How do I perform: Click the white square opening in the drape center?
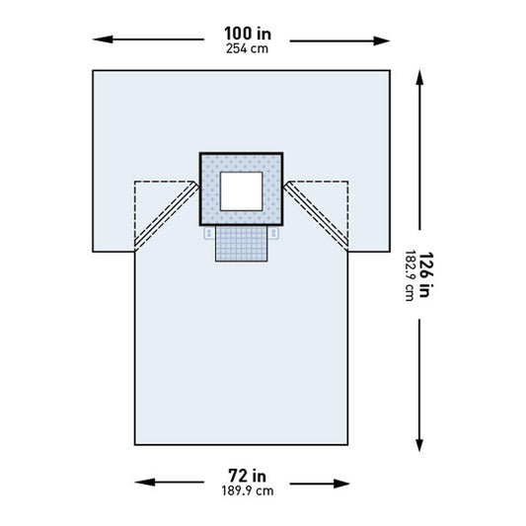(241, 188)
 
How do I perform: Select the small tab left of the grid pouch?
(209, 235)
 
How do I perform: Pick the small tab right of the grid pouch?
(273, 235)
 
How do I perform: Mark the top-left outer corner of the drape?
(93, 70)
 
